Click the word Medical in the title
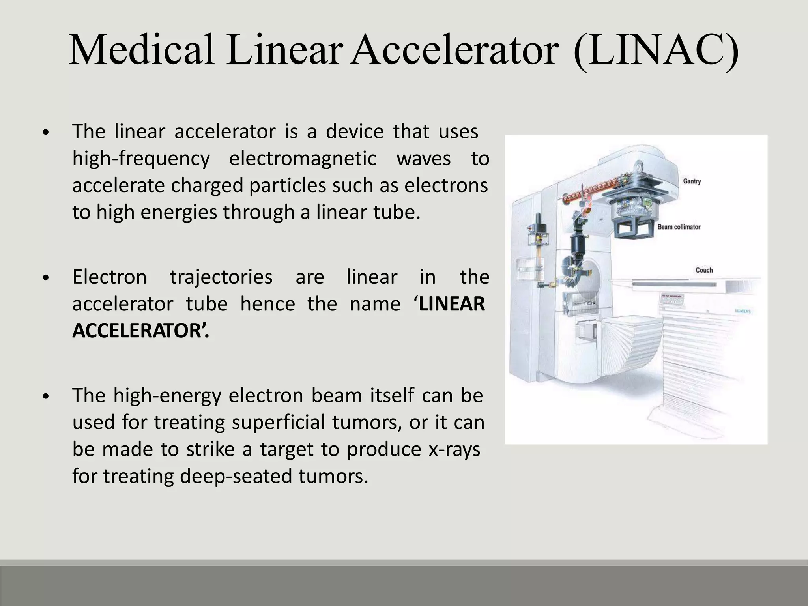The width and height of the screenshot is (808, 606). pyautogui.click(x=142, y=50)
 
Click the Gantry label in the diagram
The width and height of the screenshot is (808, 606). pyautogui.click(x=692, y=181)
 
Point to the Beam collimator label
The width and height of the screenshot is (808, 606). pyautogui.click(x=679, y=227)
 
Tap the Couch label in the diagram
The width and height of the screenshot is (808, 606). pyautogui.click(x=704, y=270)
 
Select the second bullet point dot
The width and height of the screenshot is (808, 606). pyautogui.click(x=46, y=278)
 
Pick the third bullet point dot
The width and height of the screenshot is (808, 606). pyautogui.click(x=46, y=397)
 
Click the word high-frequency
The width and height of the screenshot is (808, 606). pyautogui.click(x=141, y=159)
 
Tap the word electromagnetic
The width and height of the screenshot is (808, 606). pyautogui.click(x=303, y=159)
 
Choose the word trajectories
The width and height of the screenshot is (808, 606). pyautogui.click(x=221, y=277)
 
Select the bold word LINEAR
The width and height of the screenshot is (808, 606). pyautogui.click(x=451, y=304)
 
